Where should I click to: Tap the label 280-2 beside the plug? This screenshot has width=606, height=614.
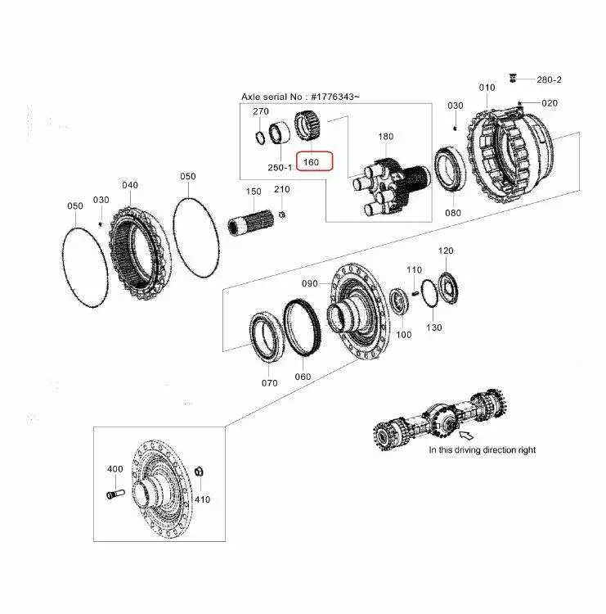tap(549, 80)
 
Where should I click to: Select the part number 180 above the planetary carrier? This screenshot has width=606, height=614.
tap(385, 136)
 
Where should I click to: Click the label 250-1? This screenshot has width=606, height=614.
tap(279, 167)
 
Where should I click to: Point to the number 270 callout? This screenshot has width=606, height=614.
tap(260, 111)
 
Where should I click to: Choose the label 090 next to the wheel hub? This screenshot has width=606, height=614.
tap(310, 283)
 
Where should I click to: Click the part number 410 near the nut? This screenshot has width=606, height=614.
tap(201, 499)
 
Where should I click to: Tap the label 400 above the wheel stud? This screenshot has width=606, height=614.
tap(115, 469)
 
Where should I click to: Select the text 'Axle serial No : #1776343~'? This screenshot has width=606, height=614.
tap(300, 97)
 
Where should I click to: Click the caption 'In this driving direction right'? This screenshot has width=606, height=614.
tap(483, 449)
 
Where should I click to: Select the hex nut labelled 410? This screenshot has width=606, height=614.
tap(201, 472)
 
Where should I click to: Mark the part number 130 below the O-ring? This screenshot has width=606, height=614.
tap(433, 327)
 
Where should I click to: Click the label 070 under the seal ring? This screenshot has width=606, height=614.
tap(270, 382)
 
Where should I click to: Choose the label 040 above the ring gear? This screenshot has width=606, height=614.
tap(130, 185)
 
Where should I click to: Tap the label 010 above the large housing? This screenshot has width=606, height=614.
tap(487, 87)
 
